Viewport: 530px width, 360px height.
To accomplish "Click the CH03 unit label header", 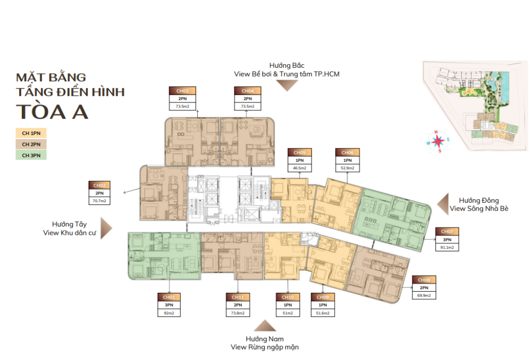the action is tap(182, 91).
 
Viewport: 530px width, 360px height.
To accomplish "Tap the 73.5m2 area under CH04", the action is tap(248, 107).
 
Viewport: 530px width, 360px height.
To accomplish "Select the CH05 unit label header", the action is tap(300, 153).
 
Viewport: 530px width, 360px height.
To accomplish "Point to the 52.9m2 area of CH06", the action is tap(347, 168).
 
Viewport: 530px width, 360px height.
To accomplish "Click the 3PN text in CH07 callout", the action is tap(447, 239).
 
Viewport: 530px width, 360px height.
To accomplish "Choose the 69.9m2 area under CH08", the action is tap(424, 295).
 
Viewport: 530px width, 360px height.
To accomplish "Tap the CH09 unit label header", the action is tap(323, 297).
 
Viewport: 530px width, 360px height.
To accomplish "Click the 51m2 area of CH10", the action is tap(288, 313).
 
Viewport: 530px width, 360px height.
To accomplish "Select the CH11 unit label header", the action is tap(238, 297).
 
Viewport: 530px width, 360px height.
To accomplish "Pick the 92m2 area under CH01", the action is tap(169, 313).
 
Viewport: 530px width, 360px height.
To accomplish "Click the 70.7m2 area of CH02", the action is tap(99, 201).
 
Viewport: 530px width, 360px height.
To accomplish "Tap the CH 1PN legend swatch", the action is tap(31, 133).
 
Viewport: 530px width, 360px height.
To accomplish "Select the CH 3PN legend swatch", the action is tap(31, 155).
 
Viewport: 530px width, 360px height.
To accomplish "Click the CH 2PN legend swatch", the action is tap(31, 144).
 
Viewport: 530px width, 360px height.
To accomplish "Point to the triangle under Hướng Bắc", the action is tap(287, 85).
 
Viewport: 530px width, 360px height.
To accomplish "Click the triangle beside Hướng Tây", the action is tap(105, 228).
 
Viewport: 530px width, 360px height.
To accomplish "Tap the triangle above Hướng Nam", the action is tap(265, 326).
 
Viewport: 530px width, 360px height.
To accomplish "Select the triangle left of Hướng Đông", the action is tap(444, 204).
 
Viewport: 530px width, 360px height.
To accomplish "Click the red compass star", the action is tap(438, 141).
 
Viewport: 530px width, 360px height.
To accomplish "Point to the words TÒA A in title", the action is tap(52, 112).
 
